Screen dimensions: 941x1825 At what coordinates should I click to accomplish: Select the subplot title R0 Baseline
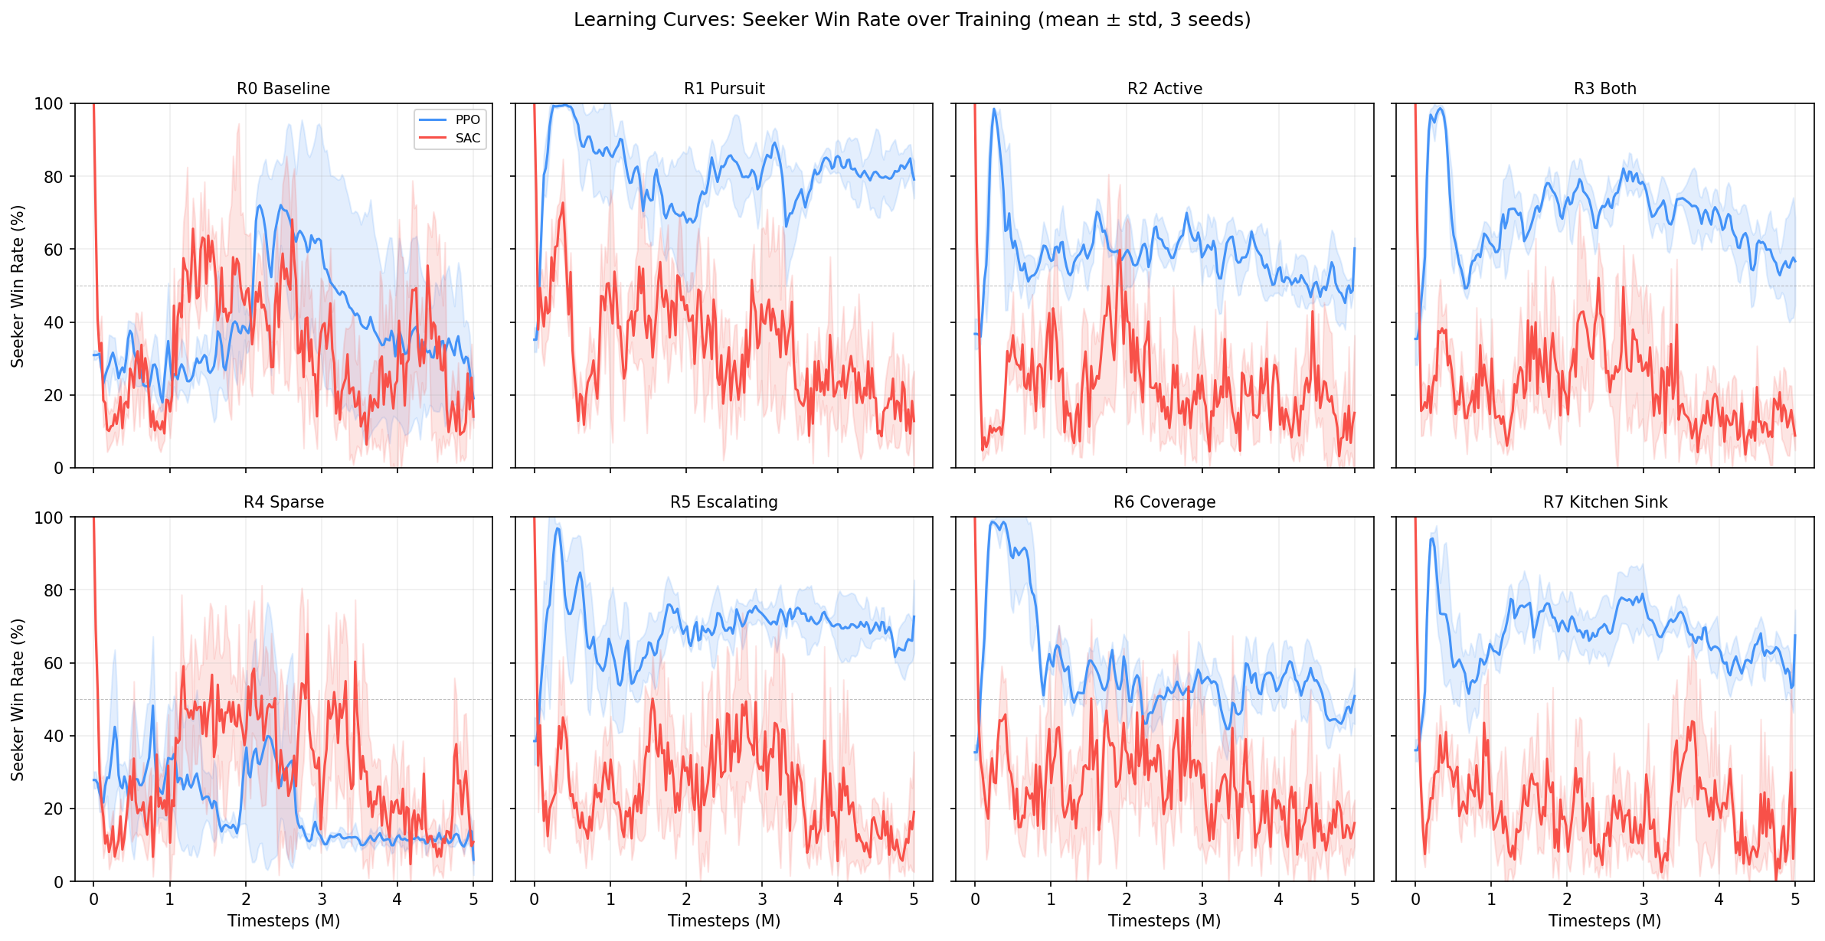283,89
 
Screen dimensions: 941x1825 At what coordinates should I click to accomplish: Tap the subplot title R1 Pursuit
724,89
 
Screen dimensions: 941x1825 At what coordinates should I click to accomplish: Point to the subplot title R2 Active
1164,89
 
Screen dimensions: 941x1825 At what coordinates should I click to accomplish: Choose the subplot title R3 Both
1604,89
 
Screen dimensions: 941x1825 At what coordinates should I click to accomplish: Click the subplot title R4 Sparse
283,502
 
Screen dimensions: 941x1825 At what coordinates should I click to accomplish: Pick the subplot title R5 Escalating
724,502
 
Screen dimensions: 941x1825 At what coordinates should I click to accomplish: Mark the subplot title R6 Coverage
1164,502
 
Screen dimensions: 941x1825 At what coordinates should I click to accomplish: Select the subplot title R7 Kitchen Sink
1604,502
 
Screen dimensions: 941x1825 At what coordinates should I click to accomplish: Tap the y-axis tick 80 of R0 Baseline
54,177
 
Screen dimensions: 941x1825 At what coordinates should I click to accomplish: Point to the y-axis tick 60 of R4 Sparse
54,663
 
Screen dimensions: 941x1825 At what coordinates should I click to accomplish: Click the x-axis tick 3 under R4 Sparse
322,899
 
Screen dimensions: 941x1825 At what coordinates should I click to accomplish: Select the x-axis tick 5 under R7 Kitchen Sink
1795,899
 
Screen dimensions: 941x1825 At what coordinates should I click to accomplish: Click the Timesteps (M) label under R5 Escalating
724,921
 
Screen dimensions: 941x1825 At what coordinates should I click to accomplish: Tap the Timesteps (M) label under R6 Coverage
1164,921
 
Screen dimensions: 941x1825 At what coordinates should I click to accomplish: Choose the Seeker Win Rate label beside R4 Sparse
18,699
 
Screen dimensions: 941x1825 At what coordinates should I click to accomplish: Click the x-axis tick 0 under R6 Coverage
975,899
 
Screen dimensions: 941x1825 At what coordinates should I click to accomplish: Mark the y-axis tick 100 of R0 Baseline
49,104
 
